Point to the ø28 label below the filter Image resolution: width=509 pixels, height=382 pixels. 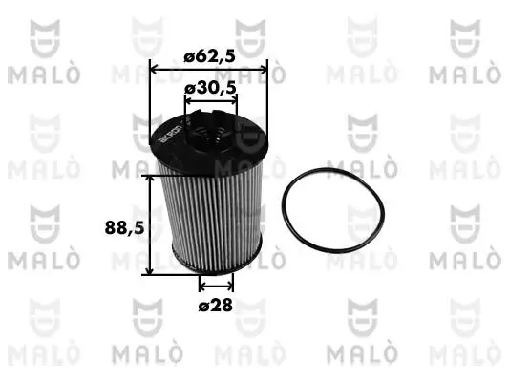pos(216,306)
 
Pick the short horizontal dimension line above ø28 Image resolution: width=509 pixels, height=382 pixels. pos(216,285)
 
